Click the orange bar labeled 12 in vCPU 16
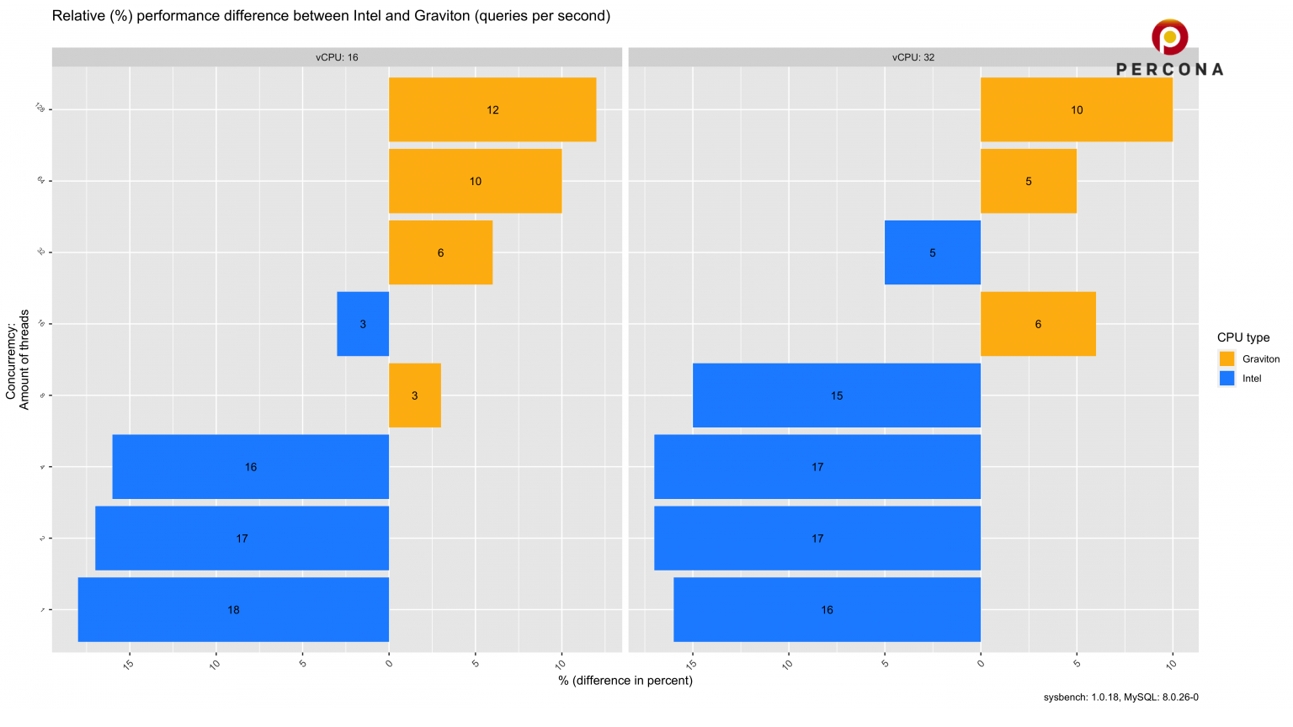492,109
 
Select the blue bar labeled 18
233,609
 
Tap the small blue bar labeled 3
363,324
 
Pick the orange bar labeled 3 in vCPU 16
414,395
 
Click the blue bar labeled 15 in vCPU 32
836,395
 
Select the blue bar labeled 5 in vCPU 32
932,252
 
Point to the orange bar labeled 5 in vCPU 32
1028,181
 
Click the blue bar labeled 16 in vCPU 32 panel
827,609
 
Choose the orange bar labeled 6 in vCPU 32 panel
1038,324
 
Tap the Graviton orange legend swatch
1226,358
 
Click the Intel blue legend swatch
1226,379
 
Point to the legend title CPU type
1242,337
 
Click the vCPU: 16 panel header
337,57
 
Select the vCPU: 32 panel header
913,57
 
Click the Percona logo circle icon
1169,37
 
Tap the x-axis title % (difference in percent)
625,680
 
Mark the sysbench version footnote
1120,697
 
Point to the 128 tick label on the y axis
40,109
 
